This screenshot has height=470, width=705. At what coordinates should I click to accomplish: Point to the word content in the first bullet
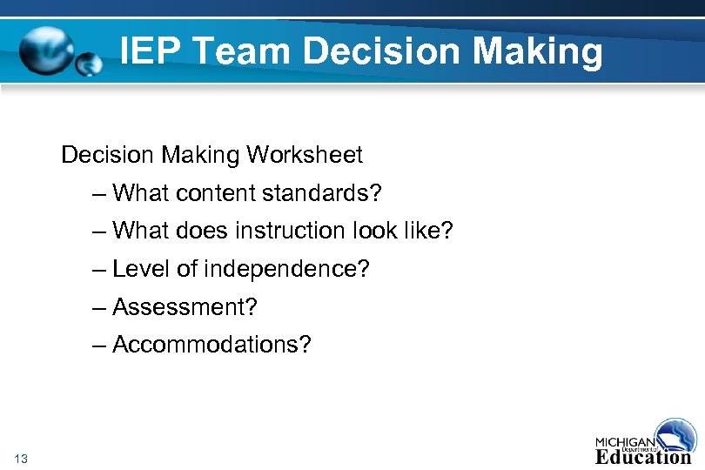tap(208, 192)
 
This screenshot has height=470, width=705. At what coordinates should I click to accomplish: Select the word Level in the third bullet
tap(142, 269)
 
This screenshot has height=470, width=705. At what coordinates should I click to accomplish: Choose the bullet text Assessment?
tap(185, 307)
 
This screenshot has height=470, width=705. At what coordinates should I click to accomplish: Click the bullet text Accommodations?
tap(211, 346)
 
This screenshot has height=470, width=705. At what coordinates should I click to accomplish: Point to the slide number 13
tap(22, 459)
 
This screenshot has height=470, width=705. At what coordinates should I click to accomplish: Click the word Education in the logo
tap(643, 455)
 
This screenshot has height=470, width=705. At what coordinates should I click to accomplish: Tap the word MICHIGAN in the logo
tap(626, 440)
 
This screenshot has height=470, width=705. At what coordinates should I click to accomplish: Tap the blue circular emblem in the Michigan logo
tap(676, 434)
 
